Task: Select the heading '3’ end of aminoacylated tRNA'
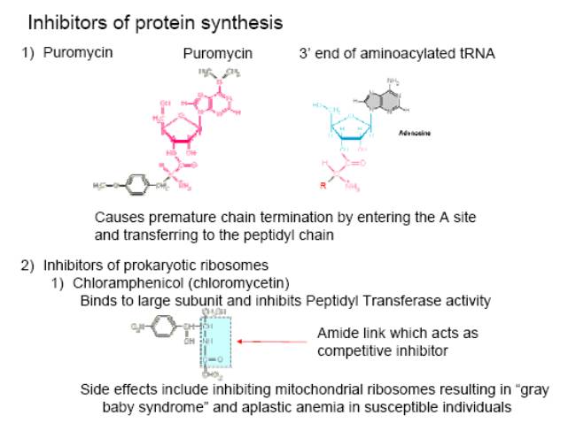pyautogui.click(x=397, y=53)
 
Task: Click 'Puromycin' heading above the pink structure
pyautogui.click(x=217, y=53)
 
